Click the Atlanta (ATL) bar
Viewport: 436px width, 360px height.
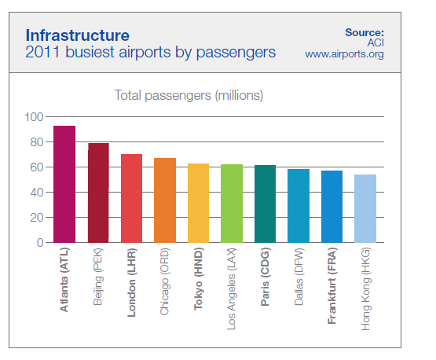64,184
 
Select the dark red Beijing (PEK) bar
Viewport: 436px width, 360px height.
98,193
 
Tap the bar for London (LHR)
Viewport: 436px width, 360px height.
131,198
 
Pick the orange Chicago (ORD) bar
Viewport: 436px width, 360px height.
165,200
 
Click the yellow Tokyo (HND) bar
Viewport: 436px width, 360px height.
198,203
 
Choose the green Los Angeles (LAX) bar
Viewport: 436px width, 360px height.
232,204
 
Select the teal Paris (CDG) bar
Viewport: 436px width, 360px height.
265,204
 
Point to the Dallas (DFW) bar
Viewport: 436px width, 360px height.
299,206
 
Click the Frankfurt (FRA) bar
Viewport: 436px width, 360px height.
332,207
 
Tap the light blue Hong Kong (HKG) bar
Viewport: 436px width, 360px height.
365,208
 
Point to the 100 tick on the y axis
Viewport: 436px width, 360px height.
34,117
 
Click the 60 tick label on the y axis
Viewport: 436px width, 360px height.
37,167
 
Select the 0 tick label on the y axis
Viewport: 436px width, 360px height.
40,243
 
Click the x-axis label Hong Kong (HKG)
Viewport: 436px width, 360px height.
365,288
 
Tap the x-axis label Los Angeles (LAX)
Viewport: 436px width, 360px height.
232,288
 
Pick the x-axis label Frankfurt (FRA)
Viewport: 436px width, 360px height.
332,285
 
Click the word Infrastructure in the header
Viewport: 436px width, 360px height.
78,35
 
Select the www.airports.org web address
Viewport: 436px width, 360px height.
344,54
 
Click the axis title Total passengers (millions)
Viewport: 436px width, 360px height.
189,95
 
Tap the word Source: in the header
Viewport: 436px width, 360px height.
365,32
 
